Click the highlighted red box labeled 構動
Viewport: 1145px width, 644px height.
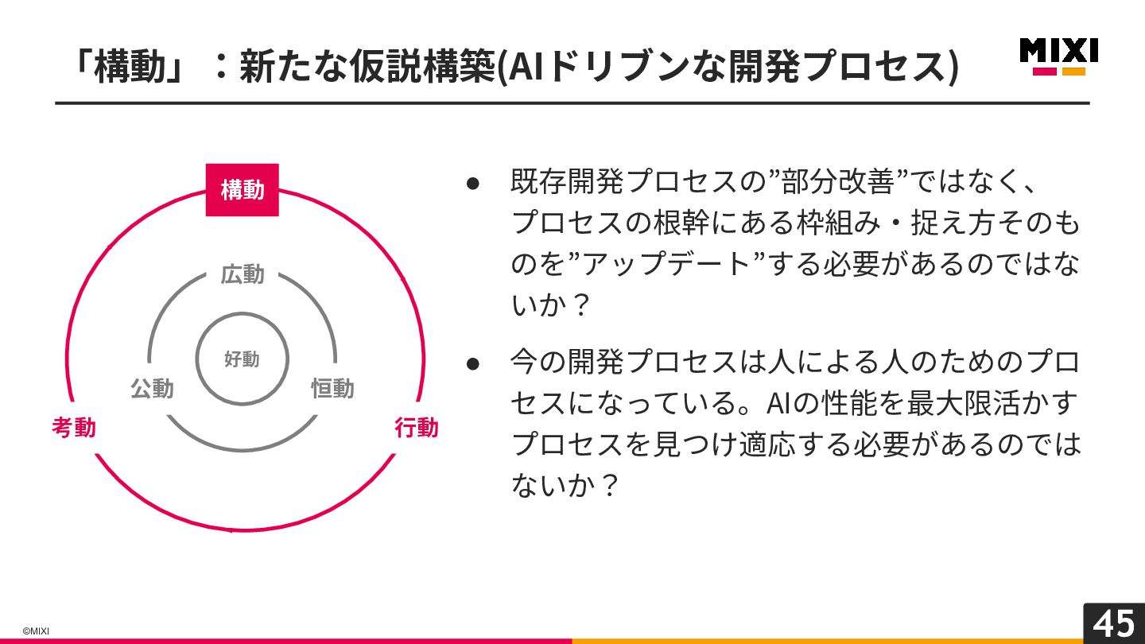click(x=243, y=190)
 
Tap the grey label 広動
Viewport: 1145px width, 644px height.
click(x=243, y=275)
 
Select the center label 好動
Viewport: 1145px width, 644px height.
click(x=242, y=359)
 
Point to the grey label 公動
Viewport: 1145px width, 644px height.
click(x=152, y=389)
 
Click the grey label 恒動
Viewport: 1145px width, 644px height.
click(x=332, y=389)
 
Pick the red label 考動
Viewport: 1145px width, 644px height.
click(x=74, y=428)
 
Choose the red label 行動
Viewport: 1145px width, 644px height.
click(x=417, y=428)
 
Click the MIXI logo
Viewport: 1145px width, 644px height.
click(x=1058, y=51)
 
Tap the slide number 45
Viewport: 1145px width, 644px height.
click(x=1114, y=623)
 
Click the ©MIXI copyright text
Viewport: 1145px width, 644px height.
click(x=36, y=631)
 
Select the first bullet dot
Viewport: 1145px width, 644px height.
click(x=473, y=183)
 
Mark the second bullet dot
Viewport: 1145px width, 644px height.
click(x=473, y=363)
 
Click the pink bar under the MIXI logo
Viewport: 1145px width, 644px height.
click(x=1044, y=72)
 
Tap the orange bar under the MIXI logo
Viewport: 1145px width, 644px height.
click(x=1073, y=72)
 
